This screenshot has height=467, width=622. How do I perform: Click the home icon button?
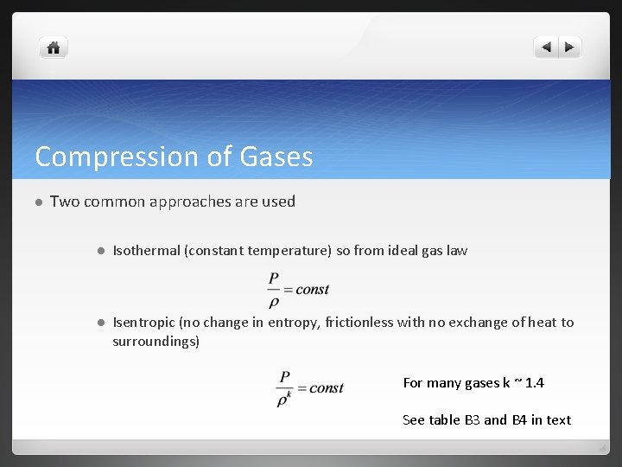pos(54,48)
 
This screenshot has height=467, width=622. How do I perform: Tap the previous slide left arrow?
pos(546,48)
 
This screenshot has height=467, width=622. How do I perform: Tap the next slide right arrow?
pos(570,48)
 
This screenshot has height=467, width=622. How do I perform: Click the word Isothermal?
pos(146,251)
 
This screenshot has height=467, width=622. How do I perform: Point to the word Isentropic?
pos(143,323)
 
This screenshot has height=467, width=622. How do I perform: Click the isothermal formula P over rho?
pos(298,289)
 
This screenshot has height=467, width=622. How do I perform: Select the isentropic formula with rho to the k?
pos(309,388)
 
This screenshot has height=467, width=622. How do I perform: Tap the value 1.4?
pos(535,383)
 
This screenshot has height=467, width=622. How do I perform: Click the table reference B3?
pos(473,420)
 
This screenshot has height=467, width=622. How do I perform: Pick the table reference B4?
pos(519,420)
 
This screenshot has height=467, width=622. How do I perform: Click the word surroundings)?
pos(155,342)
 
